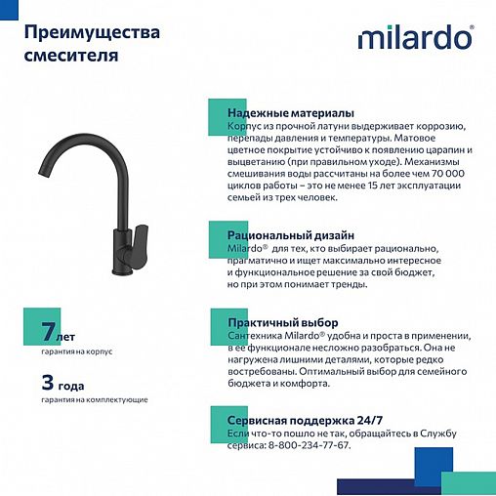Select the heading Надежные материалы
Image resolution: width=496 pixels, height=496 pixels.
[290, 113]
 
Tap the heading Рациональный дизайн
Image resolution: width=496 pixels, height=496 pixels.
[290, 235]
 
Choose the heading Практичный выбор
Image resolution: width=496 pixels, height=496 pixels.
[282, 322]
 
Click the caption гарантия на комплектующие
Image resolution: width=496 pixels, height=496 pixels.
[94, 399]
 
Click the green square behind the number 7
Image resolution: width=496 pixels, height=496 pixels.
[36, 325]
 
